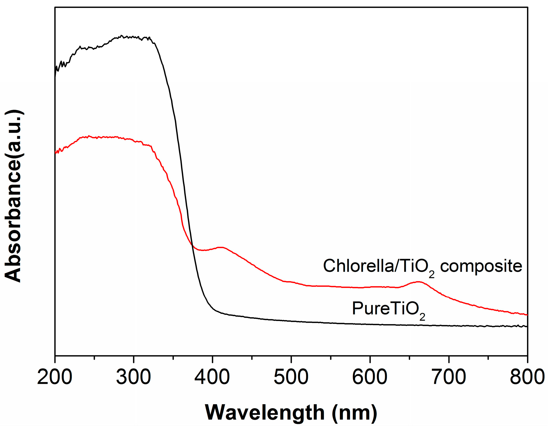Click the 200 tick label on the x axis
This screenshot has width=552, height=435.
(x=55, y=377)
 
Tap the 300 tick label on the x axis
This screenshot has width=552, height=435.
(x=133, y=377)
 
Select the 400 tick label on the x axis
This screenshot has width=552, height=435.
(x=212, y=377)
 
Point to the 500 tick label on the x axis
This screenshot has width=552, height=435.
(x=291, y=377)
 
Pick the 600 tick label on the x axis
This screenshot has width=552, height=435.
(x=370, y=377)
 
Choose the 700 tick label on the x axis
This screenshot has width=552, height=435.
(x=449, y=377)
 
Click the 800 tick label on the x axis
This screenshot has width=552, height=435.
(x=527, y=377)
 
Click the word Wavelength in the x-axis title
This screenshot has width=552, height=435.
(x=265, y=412)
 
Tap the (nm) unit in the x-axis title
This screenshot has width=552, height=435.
(x=354, y=412)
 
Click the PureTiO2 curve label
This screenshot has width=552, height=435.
(x=388, y=309)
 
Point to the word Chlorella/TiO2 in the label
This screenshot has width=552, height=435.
(x=378, y=266)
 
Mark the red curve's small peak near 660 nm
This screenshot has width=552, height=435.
(x=418, y=281)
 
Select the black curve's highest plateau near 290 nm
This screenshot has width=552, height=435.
(x=122, y=36)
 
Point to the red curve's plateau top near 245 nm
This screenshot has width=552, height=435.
(x=89, y=136)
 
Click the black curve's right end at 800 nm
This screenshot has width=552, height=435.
(x=526, y=327)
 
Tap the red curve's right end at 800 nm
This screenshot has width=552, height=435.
(x=526, y=315)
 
